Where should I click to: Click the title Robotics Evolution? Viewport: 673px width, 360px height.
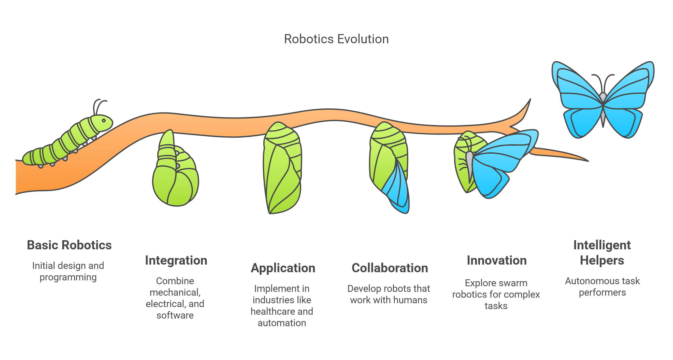(x=336, y=39)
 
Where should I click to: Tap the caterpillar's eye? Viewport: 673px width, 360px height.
(x=104, y=120)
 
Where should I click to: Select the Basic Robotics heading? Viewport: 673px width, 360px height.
(x=69, y=245)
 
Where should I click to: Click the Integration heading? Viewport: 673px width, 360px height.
(x=176, y=261)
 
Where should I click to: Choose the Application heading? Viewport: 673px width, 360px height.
(x=283, y=268)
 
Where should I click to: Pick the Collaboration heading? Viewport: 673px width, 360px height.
(x=390, y=268)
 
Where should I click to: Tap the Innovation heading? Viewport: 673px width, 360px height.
(x=496, y=261)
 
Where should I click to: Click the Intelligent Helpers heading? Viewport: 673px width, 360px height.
(x=602, y=253)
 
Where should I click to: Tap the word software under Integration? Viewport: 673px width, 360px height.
(x=175, y=315)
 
